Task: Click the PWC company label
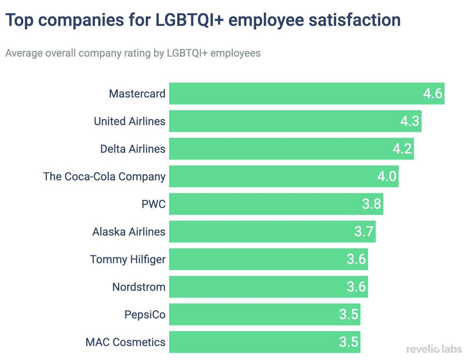pyautogui.click(x=153, y=204)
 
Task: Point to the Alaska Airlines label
pyautogui.click(x=129, y=232)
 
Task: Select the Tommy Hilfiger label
pyautogui.click(x=128, y=259)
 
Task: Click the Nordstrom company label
pyautogui.click(x=139, y=287)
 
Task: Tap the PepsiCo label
pyautogui.click(x=145, y=315)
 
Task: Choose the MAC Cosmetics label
pyautogui.click(x=125, y=342)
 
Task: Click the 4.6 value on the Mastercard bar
pyautogui.click(x=433, y=94)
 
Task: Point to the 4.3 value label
pyautogui.click(x=410, y=121)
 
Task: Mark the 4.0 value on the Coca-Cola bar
pyautogui.click(x=387, y=177)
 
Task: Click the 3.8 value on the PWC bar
pyautogui.click(x=371, y=204)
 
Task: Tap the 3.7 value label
pyautogui.click(x=364, y=232)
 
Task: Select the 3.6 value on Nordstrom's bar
pyautogui.click(x=356, y=287)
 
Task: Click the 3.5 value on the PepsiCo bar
pyautogui.click(x=348, y=315)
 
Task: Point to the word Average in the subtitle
pyautogui.click(x=24, y=53)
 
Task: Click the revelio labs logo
pyautogui.click(x=434, y=349)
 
